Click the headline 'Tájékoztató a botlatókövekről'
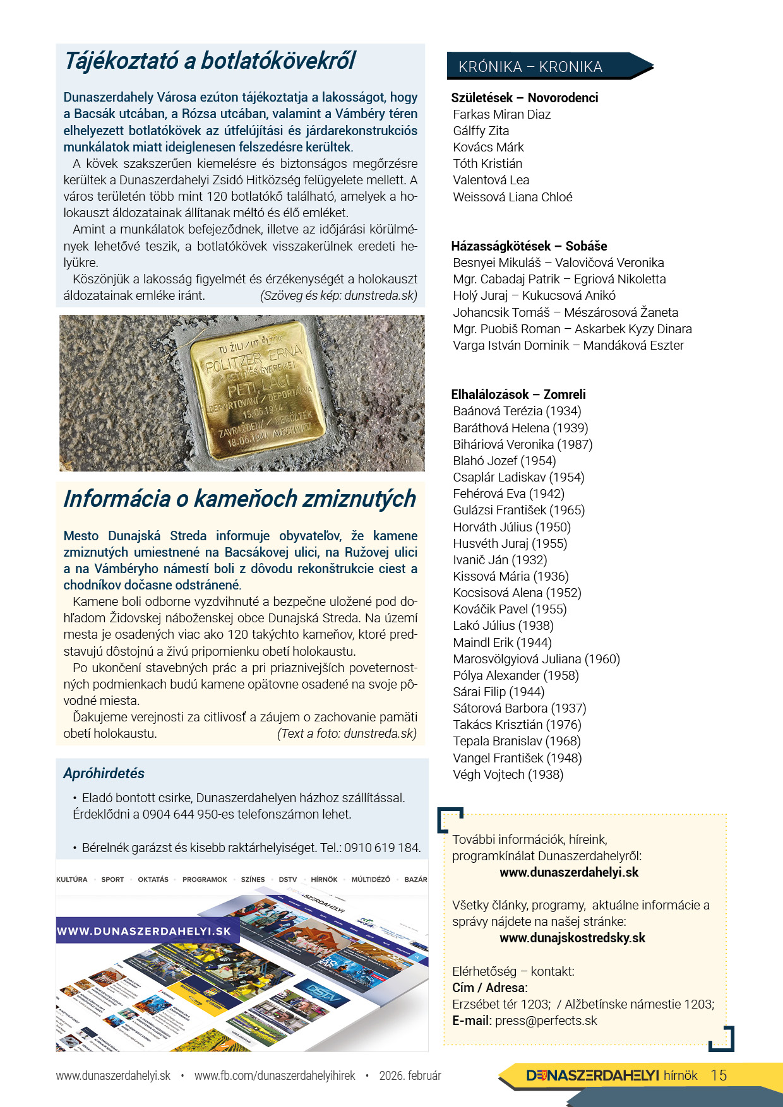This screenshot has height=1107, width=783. pyautogui.click(x=210, y=61)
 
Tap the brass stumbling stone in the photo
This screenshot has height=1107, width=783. pyautogui.click(x=258, y=393)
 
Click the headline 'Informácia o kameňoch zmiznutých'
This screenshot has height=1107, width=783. pyautogui.click(x=239, y=499)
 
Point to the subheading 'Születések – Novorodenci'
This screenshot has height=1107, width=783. pyautogui.click(x=524, y=98)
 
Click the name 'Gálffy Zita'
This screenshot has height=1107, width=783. pyautogui.click(x=481, y=131)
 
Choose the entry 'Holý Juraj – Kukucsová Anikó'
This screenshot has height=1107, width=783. pyautogui.click(x=534, y=295)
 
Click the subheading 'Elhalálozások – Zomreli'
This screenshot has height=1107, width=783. pyautogui.click(x=518, y=394)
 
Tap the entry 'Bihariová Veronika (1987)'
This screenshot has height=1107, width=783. pyautogui.click(x=522, y=444)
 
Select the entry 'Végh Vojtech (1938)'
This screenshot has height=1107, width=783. pyautogui.click(x=508, y=774)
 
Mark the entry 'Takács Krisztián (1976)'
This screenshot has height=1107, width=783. pyautogui.click(x=517, y=725)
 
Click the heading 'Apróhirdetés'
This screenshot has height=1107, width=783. pyautogui.click(x=104, y=774)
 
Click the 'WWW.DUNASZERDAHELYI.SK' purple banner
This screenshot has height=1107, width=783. pyautogui.click(x=145, y=931)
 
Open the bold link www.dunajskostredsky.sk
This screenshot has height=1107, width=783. pyautogui.click(x=572, y=938)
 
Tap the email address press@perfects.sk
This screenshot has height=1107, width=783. pyautogui.click(x=546, y=1021)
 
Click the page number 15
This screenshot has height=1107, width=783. pyautogui.click(x=719, y=1075)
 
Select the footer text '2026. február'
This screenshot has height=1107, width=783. pyautogui.click(x=410, y=1075)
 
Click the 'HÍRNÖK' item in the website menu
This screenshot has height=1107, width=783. pyautogui.click(x=324, y=879)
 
